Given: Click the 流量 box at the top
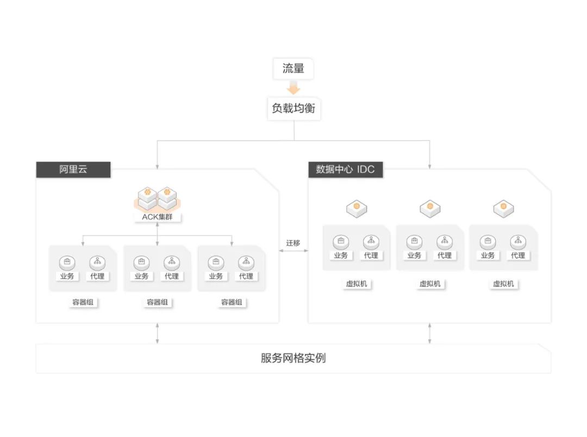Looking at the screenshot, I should pyautogui.click(x=293, y=69).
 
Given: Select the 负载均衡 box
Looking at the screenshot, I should pyautogui.click(x=293, y=109).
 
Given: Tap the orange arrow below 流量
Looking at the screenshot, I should pyautogui.click(x=293, y=88).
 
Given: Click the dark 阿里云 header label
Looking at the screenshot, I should pyautogui.click(x=73, y=170).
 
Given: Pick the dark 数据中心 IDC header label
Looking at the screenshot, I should pyautogui.click(x=345, y=170).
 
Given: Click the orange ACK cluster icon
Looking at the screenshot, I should pyautogui.click(x=157, y=199).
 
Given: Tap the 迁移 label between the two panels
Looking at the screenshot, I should pyautogui.click(x=293, y=243).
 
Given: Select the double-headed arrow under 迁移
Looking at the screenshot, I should pyautogui.click(x=293, y=251).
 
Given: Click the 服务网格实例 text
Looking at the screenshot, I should pyautogui.click(x=293, y=359).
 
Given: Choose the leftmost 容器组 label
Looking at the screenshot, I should pyautogui.click(x=83, y=302).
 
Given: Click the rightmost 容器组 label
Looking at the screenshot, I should pyautogui.click(x=232, y=302).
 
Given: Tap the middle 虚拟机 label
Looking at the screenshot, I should pyautogui.click(x=430, y=284).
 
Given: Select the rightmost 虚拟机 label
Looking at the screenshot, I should pyautogui.click(x=503, y=284).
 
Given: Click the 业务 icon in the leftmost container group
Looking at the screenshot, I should pyautogui.click(x=67, y=263).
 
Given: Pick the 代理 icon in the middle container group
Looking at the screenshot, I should pyautogui.click(x=172, y=263).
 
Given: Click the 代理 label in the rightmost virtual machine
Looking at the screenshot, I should pyautogui.click(x=518, y=255).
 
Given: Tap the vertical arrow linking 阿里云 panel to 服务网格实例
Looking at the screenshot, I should pyautogui.click(x=157, y=333).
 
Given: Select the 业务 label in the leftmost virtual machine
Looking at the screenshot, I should pyautogui.click(x=341, y=255).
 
